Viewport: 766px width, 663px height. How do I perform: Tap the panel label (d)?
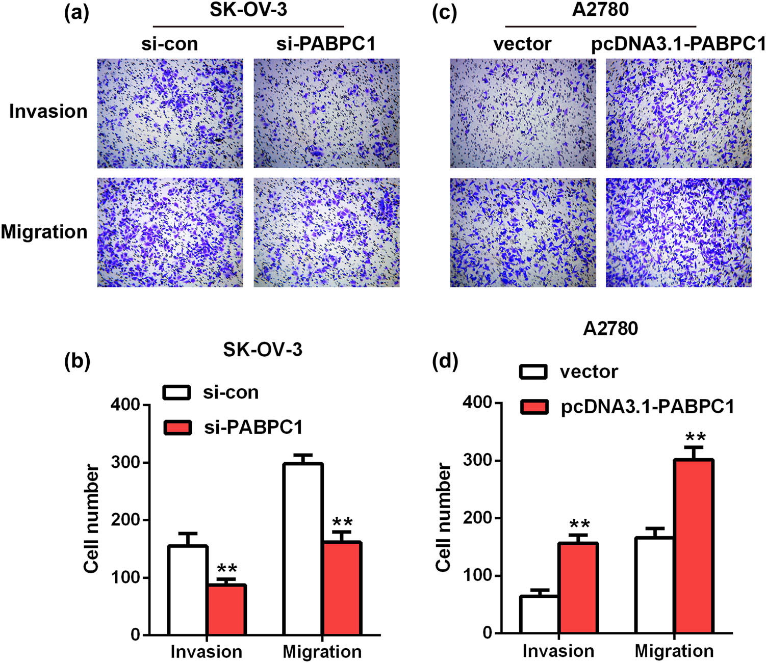(x=445, y=361)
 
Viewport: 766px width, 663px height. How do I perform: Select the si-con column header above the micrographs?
(x=169, y=44)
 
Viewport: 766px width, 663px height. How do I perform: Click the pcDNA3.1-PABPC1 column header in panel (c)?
(x=678, y=44)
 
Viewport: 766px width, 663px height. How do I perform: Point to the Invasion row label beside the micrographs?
(x=48, y=111)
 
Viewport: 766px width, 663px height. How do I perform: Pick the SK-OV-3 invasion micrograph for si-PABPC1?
(x=326, y=113)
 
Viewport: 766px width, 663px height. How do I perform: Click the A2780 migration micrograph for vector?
(x=523, y=232)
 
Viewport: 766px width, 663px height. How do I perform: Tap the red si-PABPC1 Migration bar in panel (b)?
(x=342, y=588)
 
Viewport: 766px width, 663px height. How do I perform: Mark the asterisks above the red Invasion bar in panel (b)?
(x=227, y=569)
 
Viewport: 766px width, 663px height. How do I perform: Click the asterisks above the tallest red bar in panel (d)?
(x=695, y=437)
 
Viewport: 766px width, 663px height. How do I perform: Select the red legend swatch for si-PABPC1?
(x=177, y=427)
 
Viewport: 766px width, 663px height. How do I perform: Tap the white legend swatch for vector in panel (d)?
(x=533, y=372)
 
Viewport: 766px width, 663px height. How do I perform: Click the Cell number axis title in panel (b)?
(x=92, y=519)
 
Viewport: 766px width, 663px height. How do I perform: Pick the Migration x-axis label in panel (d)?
(x=674, y=651)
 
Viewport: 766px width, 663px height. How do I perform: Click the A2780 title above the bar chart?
(x=610, y=329)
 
